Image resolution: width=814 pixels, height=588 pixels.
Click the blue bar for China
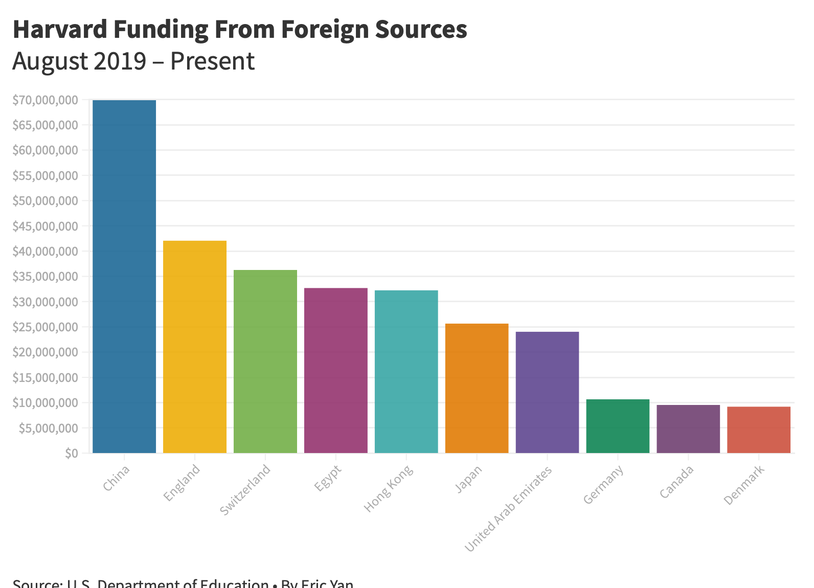tap(124, 276)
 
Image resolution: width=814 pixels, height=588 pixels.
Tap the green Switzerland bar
tap(265, 361)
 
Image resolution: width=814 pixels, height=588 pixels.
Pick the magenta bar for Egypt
tap(336, 370)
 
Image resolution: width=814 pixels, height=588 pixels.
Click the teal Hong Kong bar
tap(406, 371)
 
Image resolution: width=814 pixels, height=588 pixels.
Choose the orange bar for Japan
tap(477, 388)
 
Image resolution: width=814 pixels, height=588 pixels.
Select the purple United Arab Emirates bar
tap(548, 392)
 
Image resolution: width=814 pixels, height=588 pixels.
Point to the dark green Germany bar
tap(618, 426)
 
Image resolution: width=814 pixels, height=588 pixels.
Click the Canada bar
tap(688, 428)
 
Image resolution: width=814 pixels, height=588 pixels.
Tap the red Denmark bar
tap(759, 429)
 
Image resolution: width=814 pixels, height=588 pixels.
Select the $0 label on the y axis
tap(72, 453)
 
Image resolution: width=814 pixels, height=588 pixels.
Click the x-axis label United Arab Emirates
tap(509, 509)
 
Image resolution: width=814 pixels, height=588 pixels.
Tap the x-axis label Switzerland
tap(245, 490)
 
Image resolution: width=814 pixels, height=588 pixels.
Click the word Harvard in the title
tap(59, 29)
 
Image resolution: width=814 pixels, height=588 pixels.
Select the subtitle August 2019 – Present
tap(133, 61)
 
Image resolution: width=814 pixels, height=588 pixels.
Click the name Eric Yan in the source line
tap(327, 584)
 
